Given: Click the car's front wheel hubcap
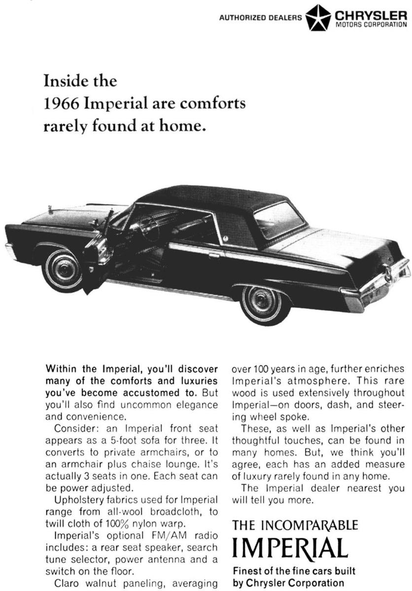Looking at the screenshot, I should [x=63, y=269].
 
